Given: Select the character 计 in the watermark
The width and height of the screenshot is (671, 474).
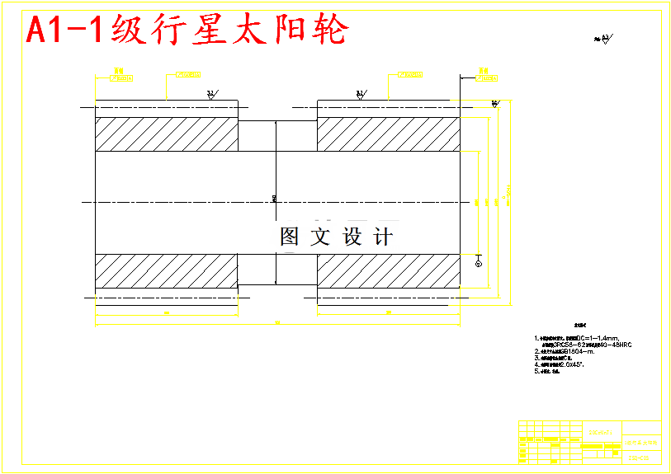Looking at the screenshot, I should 383,237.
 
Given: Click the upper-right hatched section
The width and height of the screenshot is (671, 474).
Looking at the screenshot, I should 388,134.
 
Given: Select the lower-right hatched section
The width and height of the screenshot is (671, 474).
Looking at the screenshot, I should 388,270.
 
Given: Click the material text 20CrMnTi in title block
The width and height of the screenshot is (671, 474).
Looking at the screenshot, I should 601,430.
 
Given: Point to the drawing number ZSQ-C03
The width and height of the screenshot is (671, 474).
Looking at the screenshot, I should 638,458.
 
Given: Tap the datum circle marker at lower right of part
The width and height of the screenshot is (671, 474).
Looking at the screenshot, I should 479,262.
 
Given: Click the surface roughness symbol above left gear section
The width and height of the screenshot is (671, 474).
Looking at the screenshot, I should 211,94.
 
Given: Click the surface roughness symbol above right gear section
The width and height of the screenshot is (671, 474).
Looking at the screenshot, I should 361,94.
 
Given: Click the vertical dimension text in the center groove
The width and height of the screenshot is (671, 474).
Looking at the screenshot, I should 274,198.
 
